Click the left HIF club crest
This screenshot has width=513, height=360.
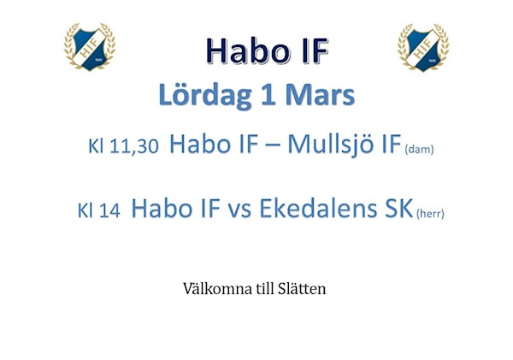pos(89,46)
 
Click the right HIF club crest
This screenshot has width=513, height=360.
pos(423,47)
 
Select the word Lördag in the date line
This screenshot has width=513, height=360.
pos(205,95)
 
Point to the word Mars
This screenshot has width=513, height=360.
pos(320,95)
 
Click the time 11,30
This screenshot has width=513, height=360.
pos(134,146)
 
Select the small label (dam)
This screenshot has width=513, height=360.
pos(419,150)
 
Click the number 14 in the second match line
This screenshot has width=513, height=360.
pos(109,210)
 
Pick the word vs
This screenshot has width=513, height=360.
pos(239,210)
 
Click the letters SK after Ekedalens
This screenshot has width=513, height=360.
pos(398,208)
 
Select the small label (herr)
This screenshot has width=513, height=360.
pos(430,214)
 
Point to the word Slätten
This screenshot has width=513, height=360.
pos(302,289)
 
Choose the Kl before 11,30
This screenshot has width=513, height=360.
pos(96,146)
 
